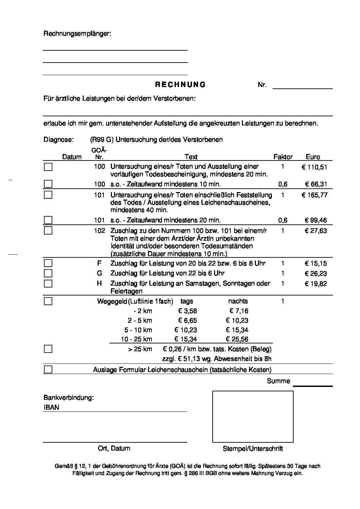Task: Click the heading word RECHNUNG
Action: coord(180,85)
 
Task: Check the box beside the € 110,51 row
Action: coord(48,167)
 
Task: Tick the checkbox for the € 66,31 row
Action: coord(48,184)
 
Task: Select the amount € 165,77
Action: coord(314,195)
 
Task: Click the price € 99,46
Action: coord(316,220)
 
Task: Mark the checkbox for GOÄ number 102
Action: coord(48,231)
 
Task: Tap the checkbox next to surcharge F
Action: coord(48,263)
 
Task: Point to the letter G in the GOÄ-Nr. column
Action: coord(99,273)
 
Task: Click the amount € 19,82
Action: coord(316,284)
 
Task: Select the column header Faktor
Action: coord(283,157)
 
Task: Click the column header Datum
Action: coord(72,157)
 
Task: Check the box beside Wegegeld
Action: coord(48,301)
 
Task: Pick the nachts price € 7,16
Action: coord(239,311)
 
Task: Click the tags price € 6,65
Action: coord(187,320)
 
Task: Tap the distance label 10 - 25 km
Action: coord(136,339)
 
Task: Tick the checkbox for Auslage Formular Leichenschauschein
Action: coord(48,370)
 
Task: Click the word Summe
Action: coord(278,381)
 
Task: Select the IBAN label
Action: coord(51,407)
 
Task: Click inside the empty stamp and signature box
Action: coord(253,416)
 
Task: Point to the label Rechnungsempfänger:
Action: coord(77,34)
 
